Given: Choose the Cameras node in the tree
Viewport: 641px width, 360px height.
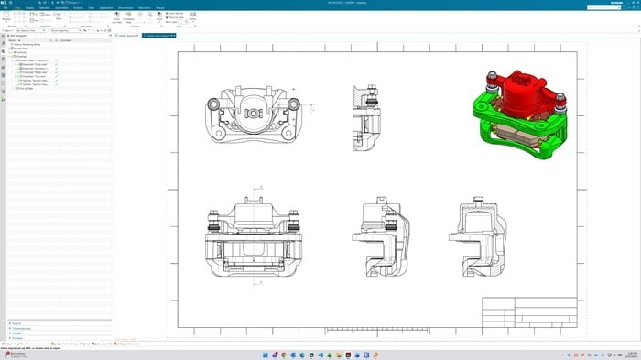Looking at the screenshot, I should pos(21,52).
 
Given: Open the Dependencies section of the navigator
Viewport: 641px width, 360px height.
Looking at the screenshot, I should pos(22,328).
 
